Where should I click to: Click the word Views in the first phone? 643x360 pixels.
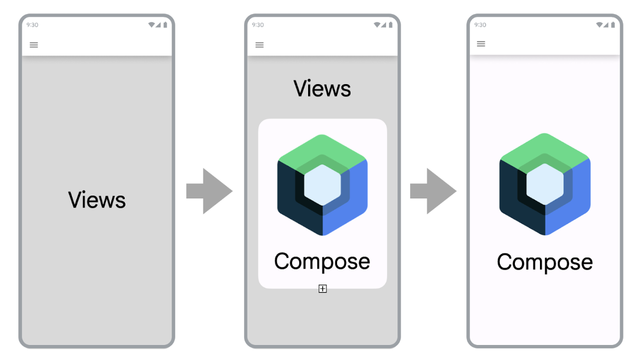click(x=97, y=200)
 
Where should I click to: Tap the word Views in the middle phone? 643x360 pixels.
click(x=322, y=89)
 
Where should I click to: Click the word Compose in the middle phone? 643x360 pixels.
click(x=322, y=261)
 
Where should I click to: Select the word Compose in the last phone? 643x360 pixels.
click(x=544, y=262)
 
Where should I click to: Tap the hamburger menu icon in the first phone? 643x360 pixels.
click(x=34, y=45)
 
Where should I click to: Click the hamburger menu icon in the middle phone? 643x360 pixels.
click(x=260, y=45)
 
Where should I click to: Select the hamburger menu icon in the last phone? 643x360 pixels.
click(x=481, y=43)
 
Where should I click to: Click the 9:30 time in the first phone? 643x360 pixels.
click(x=32, y=25)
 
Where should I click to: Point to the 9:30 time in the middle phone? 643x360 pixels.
click(x=257, y=25)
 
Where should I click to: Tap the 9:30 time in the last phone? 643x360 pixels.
click(x=480, y=25)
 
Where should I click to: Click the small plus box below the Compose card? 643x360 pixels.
click(x=323, y=289)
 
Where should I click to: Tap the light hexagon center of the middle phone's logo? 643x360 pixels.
click(x=322, y=183)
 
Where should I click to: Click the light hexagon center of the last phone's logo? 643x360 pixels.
click(x=544, y=183)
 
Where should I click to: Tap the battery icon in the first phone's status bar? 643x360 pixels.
click(x=165, y=25)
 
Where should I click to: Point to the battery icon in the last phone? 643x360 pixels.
click(x=613, y=25)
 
